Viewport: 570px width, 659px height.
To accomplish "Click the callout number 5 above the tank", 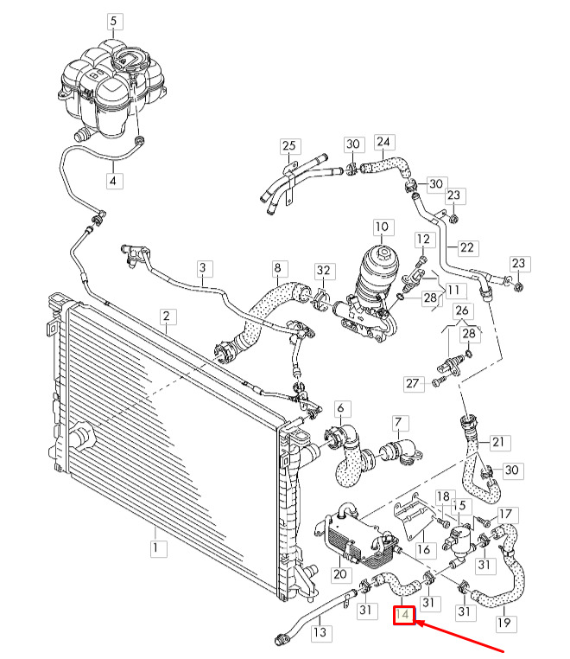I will [x=115, y=20].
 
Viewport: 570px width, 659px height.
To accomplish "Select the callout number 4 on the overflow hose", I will [x=115, y=181].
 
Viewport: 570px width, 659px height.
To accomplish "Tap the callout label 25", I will [x=288, y=145].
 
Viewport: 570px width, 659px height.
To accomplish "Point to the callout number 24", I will [x=383, y=141].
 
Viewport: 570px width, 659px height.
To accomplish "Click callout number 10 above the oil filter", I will [x=382, y=227].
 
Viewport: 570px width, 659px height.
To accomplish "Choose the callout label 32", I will [x=322, y=271].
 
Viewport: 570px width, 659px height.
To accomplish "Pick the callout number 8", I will [x=278, y=268].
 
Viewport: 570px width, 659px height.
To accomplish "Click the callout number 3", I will [x=203, y=268].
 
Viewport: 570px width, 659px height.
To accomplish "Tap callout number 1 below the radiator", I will [x=155, y=547].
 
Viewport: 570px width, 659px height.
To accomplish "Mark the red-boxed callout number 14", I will [x=404, y=616].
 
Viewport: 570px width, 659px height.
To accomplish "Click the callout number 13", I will [x=320, y=632].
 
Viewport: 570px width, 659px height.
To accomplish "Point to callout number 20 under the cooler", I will [x=339, y=574].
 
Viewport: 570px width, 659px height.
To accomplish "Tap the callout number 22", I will [x=466, y=247].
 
